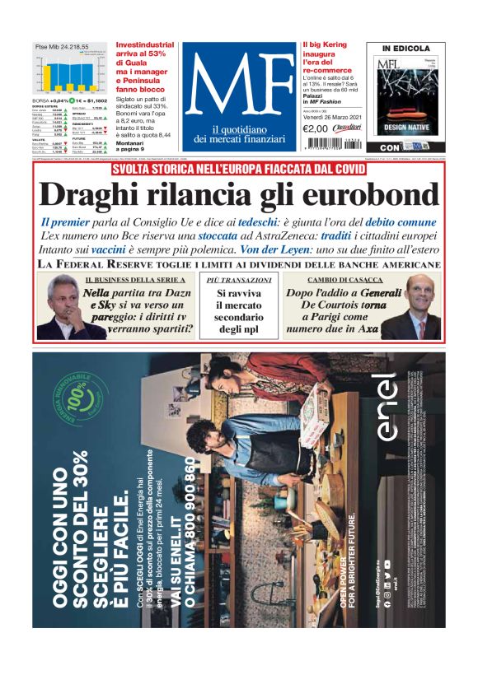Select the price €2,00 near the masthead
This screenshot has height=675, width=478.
[316, 128]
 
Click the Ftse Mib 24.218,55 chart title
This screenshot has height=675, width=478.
[62, 47]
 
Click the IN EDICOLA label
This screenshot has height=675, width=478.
[405, 49]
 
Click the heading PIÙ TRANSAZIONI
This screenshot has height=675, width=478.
[238, 281]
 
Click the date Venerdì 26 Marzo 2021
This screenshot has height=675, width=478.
[329, 117]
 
